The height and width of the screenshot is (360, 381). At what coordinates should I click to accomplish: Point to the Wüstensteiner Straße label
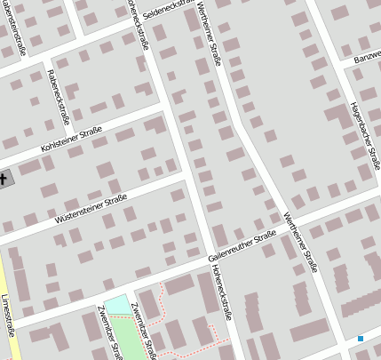point(91,208)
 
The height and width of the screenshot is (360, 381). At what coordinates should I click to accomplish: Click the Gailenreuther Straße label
point(242,244)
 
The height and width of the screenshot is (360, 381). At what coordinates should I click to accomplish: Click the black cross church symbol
point(3,179)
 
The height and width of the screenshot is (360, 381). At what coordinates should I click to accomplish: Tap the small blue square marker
point(361,339)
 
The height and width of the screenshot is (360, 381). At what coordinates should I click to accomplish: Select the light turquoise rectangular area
point(115,304)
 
